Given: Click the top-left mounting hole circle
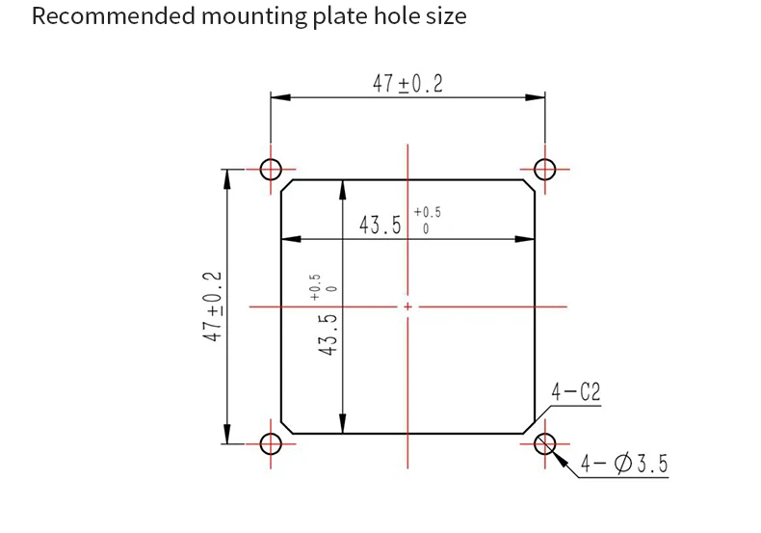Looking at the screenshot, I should click(271, 170).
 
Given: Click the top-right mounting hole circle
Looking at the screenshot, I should click(545, 170).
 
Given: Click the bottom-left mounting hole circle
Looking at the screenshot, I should click(271, 443).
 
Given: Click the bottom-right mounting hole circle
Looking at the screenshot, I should click(545, 443).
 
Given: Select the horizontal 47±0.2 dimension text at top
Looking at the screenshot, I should click(407, 84).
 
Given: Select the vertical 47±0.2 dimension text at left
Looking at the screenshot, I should click(213, 306).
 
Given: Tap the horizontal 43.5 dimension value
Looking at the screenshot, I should click(380, 226).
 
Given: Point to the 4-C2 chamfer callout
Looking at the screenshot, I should click(576, 393).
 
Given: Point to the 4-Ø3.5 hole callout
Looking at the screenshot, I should click(624, 465).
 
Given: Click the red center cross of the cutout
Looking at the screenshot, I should click(407, 306).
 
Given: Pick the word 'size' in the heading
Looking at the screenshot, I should click(445, 16).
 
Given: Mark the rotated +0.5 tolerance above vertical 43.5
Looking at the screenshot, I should click(316, 286).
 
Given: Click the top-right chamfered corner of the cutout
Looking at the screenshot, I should click(529, 185).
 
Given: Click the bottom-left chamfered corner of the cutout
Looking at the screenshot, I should click(286, 428).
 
